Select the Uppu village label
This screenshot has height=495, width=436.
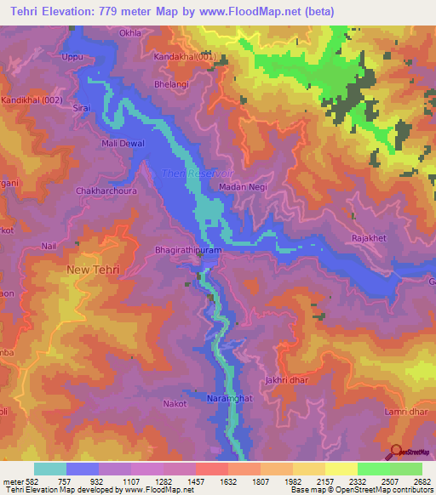[x=73, y=57]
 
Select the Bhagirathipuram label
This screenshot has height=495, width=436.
[x=187, y=252]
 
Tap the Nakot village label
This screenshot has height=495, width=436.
[x=175, y=403]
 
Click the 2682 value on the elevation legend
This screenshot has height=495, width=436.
[x=421, y=482]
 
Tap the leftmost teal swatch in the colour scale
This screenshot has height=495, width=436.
[x=50, y=469]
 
